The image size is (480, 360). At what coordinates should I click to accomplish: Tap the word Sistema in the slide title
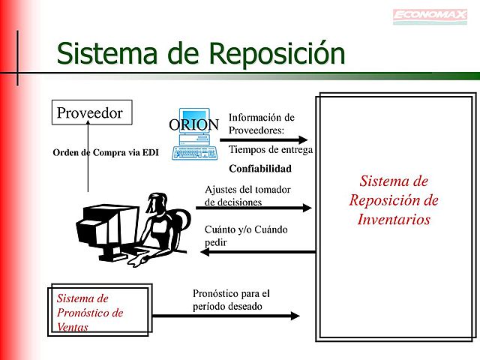coord(108,53)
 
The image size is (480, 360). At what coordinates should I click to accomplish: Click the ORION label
coord(193,124)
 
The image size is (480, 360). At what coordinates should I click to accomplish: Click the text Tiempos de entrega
coord(270,150)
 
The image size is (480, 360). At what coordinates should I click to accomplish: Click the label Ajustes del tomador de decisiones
coord(247,195)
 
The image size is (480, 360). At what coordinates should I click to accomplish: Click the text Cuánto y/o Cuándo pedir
coord(246,235)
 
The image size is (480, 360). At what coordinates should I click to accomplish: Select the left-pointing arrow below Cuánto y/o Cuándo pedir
coord(259,251)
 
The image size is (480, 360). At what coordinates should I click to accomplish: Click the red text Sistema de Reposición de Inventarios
coord(394,200)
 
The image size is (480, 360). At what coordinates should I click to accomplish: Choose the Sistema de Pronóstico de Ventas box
coord(100,311)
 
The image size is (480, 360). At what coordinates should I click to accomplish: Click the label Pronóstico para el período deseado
coord(231,300)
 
